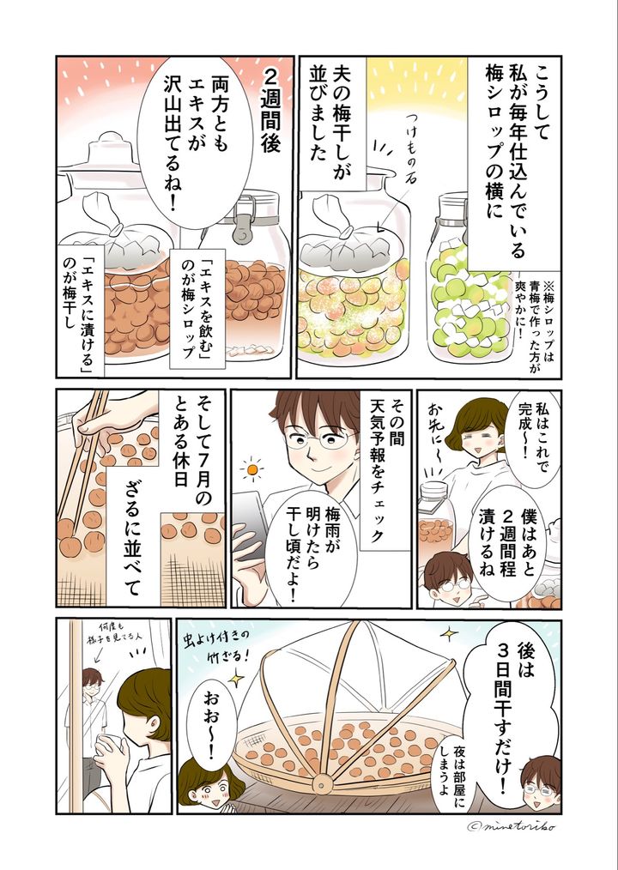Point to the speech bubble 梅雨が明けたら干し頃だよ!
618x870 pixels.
pyautogui.click(x=311, y=549)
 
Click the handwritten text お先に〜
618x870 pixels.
pyautogui.click(x=435, y=431)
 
